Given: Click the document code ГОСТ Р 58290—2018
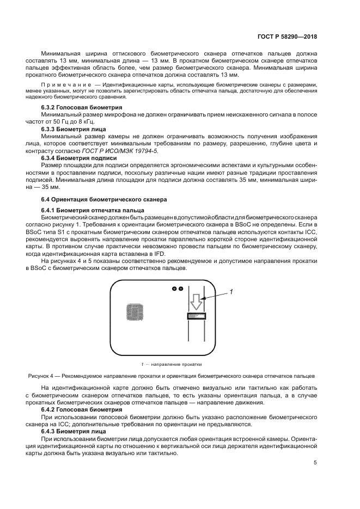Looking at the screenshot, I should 287,37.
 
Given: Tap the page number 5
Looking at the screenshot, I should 315,463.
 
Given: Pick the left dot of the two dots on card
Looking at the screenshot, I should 174,288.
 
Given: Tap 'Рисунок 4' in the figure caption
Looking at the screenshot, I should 41,376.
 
